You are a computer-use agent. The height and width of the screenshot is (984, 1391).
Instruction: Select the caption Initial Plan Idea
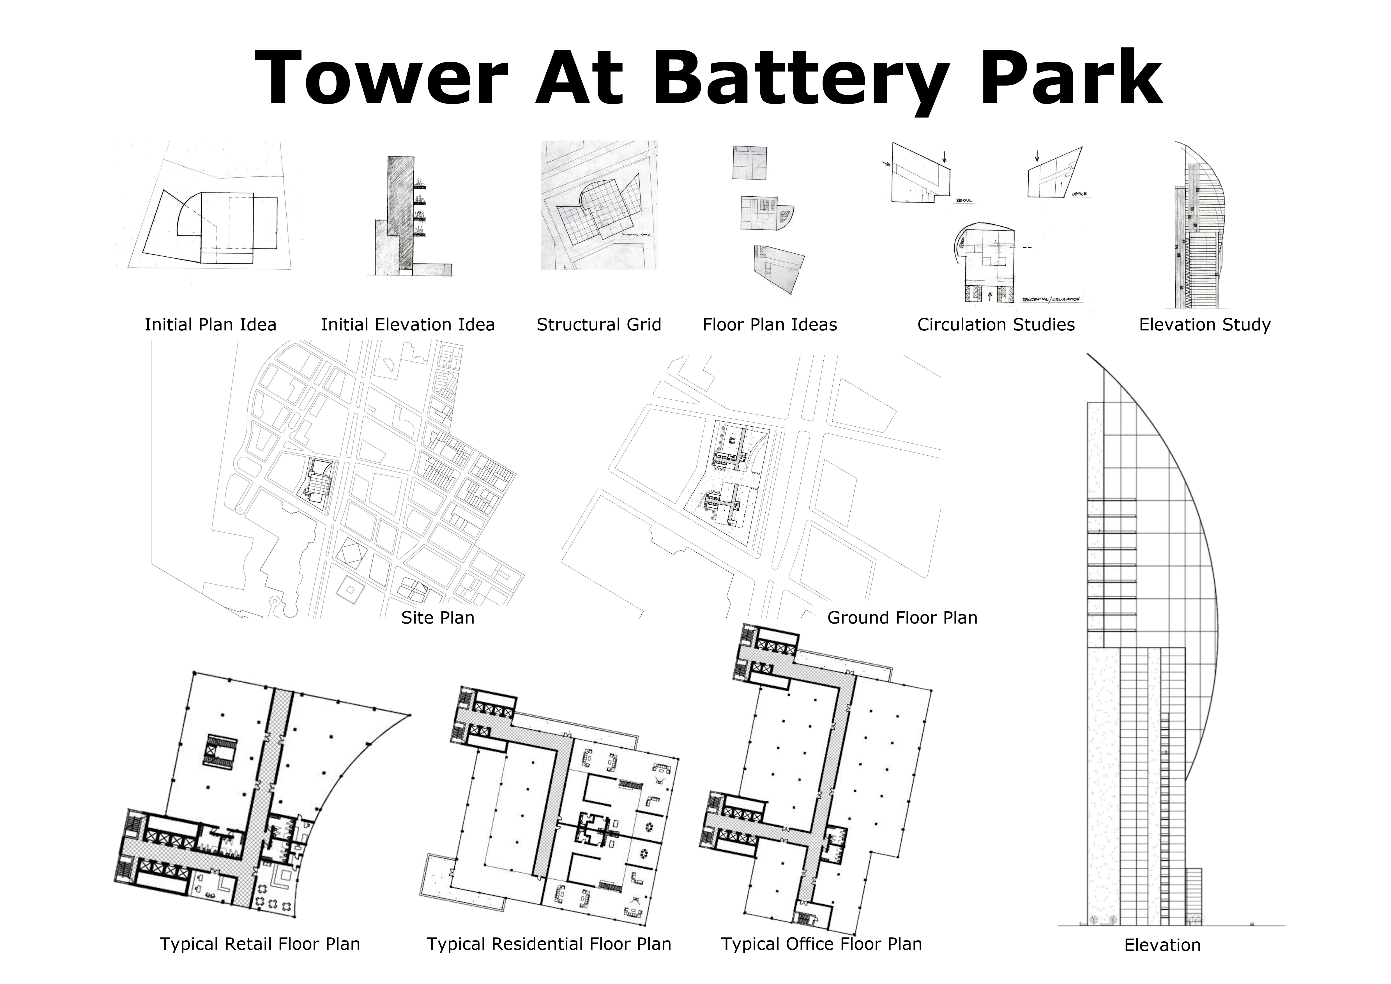(210, 325)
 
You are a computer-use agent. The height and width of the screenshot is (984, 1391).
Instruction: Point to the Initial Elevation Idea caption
(408, 325)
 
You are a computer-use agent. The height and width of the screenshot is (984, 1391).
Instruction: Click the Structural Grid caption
(598, 325)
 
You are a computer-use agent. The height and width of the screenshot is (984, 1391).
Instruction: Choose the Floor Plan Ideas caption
(770, 325)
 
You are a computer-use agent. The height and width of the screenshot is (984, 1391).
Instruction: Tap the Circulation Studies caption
(996, 325)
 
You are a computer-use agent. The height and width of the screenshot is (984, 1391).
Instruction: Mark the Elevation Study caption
(1205, 325)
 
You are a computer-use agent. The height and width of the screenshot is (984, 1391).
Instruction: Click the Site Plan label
(437, 617)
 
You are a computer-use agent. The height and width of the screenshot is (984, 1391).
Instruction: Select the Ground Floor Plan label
(902, 617)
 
